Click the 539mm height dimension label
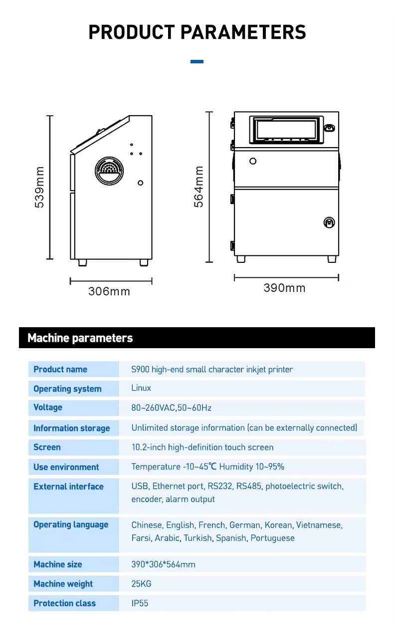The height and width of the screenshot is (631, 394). click(40, 187)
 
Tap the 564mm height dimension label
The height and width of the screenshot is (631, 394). click(199, 187)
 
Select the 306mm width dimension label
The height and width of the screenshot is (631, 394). click(109, 291)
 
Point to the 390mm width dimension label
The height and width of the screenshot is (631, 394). click(284, 288)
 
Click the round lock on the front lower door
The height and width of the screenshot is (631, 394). click(329, 222)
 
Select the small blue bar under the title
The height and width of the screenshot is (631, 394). click(197, 62)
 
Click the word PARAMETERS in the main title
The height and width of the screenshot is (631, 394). click(243, 32)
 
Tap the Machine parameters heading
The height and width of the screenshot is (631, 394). click(80, 338)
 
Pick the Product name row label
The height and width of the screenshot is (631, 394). click(60, 370)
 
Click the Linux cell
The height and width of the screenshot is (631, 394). click(141, 388)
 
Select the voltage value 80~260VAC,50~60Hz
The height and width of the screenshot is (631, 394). click(171, 408)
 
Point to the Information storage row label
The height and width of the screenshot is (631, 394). click(71, 428)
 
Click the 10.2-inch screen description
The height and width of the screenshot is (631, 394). click(202, 447)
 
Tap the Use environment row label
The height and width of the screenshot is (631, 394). click(66, 467)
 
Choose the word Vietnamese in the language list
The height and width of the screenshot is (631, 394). click(319, 525)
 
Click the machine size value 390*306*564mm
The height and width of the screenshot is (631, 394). click(163, 565)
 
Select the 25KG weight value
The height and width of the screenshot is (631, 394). click(141, 584)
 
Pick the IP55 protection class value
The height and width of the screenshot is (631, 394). click(140, 604)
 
